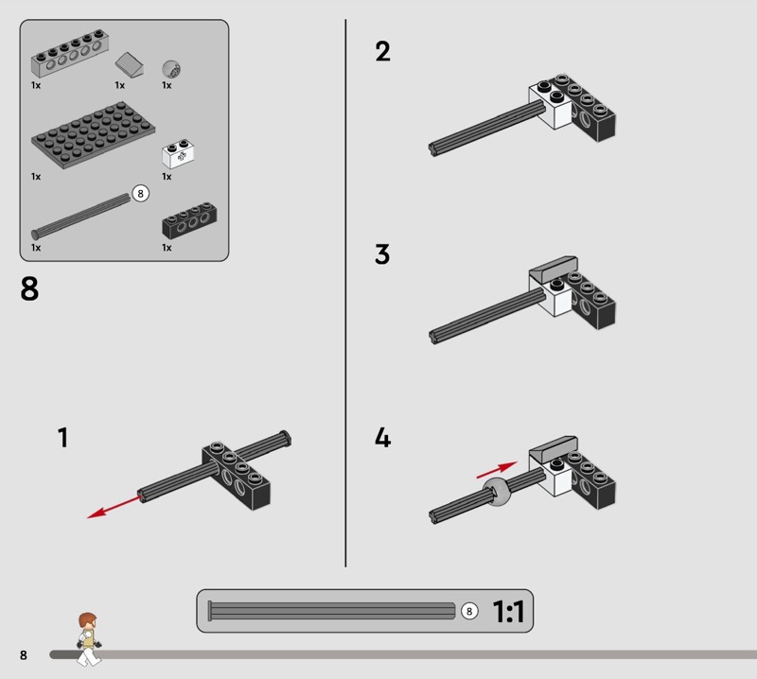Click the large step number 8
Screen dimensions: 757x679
click(x=29, y=289)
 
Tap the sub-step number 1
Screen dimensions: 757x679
click(x=63, y=437)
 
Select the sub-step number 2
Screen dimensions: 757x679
click(x=383, y=51)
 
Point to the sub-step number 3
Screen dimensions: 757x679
click(x=382, y=254)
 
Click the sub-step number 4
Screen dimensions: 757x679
click(x=383, y=438)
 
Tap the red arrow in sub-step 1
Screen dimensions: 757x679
click(x=114, y=506)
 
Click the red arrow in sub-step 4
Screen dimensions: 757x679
click(x=497, y=470)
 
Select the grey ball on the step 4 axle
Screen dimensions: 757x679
click(x=498, y=492)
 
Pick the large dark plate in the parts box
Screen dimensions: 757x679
click(x=93, y=135)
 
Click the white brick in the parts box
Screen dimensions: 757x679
click(x=178, y=153)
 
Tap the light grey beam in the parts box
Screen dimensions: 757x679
click(x=70, y=54)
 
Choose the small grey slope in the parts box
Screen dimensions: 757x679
click(x=130, y=64)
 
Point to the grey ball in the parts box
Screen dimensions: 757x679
click(x=171, y=69)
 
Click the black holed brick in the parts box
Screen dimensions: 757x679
click(x=189, y=220)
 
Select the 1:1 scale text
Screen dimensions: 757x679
click(x=508, y=612)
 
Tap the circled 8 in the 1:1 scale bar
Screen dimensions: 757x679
click(x=469, y=611)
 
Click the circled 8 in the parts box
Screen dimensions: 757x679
click(x=140, y=194)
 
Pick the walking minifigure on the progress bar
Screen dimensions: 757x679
click(x=89, y=639)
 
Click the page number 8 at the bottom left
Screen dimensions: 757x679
click(x=23, y=654)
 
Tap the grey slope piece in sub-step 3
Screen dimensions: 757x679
click(x=554, y=270)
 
